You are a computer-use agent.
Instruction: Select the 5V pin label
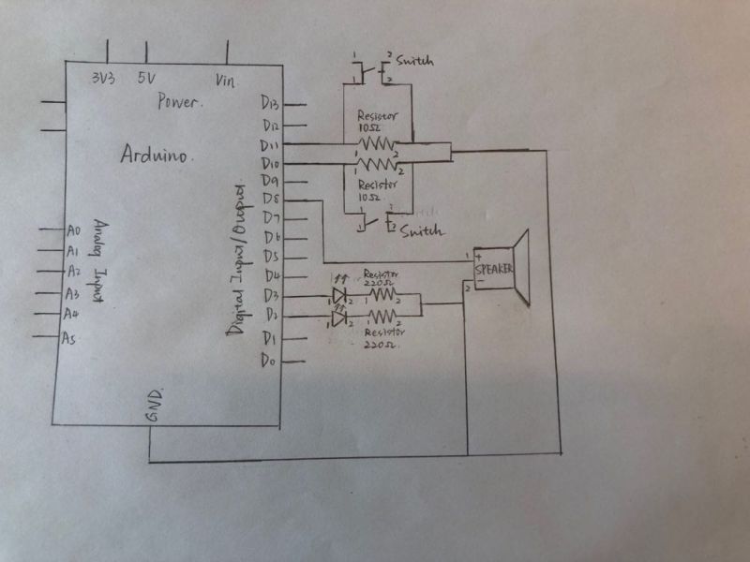(x=145, y=79)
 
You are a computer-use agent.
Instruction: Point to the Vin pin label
(x=225, y=80)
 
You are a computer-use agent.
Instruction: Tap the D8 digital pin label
(x=271, y=200)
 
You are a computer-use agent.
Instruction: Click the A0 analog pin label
(x=74, y=229)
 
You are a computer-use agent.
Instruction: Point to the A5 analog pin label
(x=68, y=338)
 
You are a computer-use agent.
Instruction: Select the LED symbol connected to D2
(x=338, y=319)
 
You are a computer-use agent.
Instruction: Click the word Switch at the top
(x=415, y=61)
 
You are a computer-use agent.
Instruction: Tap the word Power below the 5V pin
(x=178, y=101)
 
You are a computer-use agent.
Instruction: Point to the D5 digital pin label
(x=271, y=256)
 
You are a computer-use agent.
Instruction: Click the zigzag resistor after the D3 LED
(x=382, y=296)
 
